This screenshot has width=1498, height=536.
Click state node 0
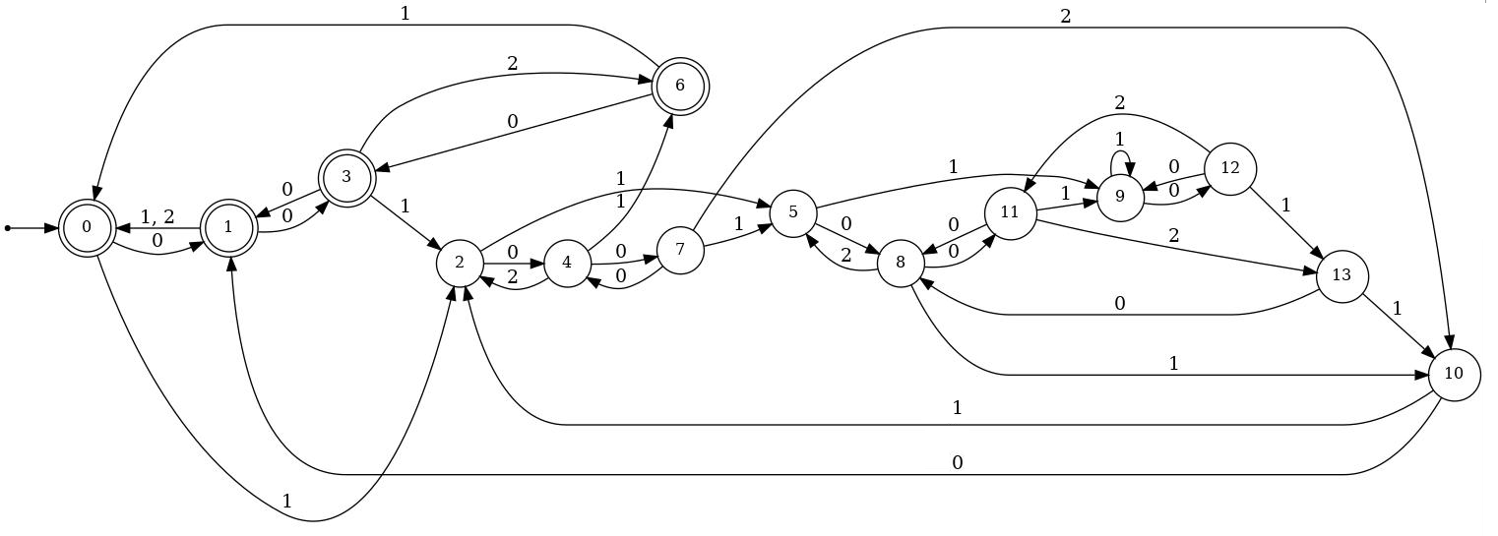click(x=87, y=227)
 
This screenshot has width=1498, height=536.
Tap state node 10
click(x=1454, y=375)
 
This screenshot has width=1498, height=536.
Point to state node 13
click(x=1342, y=275)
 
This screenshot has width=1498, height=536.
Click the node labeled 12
click(x=1230, y=168)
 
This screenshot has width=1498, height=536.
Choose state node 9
click(x=1120, y=196)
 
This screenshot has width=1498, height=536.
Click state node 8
click(x=900, y=263)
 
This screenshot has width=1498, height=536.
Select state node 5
click(x=792, y=212)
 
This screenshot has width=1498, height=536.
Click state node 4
click(x=567, y=263)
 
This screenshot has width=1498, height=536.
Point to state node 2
click(x=460, y=263)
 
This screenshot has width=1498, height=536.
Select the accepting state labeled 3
click(x=346, y=178)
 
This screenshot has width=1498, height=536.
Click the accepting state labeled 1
click(x=228, y=227)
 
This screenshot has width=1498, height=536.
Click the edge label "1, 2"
click(x=157, y=215)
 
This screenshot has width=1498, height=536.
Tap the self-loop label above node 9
click(x=1118, y=140)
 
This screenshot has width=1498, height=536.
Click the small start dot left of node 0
click(x=8, y=228)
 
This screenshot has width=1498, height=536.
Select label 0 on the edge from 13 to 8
click(x=1119, y=304)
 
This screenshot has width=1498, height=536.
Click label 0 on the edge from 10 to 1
click(x=957, y=462)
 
